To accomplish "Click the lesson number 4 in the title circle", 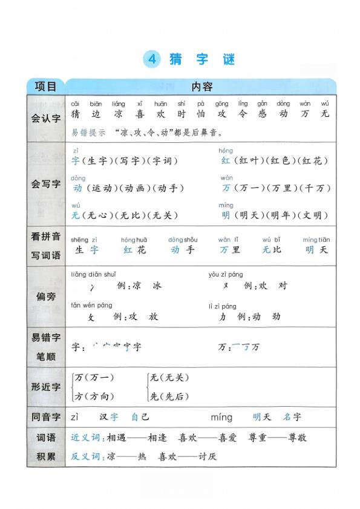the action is pos(152,59).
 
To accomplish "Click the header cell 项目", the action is pos(45,87).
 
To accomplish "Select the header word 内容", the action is pos(201,87).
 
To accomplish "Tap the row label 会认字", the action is pos(46,119).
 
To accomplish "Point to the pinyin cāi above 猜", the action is pos(75,103).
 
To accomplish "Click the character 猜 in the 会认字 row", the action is pos(75,114).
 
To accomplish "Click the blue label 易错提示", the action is pos(88,132).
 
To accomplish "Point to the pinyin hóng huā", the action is pos(134,240).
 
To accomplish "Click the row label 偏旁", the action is pos(46,296).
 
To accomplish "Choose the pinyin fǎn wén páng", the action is pos(91,306).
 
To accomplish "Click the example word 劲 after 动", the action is pos(276,316).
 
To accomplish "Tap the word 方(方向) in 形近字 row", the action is pos(94,396).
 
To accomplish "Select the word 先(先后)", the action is pos(170,396).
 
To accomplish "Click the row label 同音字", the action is pos(46,416).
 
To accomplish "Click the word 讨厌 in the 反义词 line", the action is pos(207,456).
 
